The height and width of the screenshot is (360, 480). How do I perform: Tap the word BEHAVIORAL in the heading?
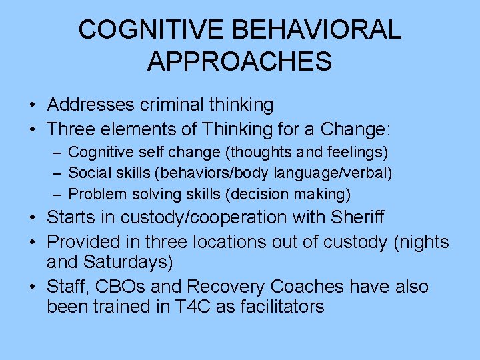point(319,30)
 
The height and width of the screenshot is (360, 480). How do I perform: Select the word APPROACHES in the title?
point(239,61)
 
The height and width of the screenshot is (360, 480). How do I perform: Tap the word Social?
point(87,173)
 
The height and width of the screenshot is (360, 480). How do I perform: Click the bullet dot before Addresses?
point(33,105)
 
